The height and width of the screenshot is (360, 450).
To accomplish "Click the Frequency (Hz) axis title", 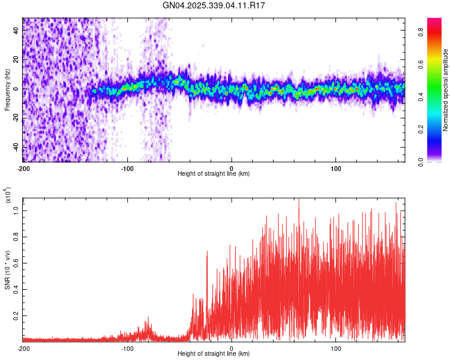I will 7,89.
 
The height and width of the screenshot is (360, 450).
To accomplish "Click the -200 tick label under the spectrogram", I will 23,167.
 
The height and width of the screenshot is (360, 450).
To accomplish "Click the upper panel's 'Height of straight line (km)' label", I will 214,173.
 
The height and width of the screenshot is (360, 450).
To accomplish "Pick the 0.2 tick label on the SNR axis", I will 17,315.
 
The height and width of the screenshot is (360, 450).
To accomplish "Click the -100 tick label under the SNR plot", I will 127,348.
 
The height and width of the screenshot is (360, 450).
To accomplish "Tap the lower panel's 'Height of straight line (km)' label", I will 214,354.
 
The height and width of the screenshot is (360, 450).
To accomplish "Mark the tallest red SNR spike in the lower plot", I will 299,199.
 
